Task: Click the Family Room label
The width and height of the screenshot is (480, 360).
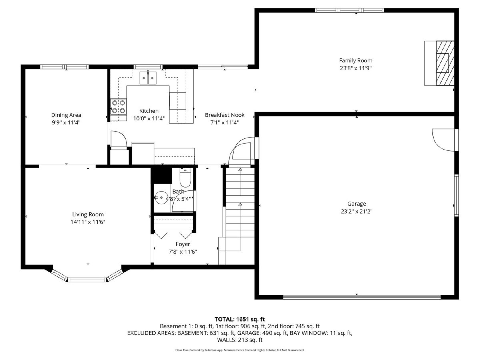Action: (x=356, y=60)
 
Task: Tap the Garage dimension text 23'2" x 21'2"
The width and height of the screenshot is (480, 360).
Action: (x=356, y=211)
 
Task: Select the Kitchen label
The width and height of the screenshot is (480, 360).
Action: (x=149, y=111)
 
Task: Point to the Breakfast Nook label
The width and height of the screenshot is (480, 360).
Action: (x=224, y=115)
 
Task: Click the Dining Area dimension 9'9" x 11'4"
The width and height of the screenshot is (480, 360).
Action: (x=66, y=122)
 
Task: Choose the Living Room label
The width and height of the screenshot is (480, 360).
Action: (x=88, y=214)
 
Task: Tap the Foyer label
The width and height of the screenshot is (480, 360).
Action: (x=182, y=244)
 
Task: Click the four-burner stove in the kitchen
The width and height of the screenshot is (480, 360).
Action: (x=119, y=106)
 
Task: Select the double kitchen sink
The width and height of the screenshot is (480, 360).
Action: (x=148, y=78)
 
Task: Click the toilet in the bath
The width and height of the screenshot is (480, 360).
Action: (x=185, y=178)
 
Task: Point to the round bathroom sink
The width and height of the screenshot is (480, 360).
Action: (x=161, y=198)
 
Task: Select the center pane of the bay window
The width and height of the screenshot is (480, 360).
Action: (x=87, y=280)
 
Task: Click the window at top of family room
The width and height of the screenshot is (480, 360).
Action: (x=349, y=10)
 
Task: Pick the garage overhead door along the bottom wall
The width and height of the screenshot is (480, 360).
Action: (x=362, y=297)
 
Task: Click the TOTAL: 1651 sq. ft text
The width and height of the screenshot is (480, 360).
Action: (x=240, y=319)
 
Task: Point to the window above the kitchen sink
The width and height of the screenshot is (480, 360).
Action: (x=148, y=67)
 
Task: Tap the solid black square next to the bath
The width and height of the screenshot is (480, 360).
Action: (x=162, y=176)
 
